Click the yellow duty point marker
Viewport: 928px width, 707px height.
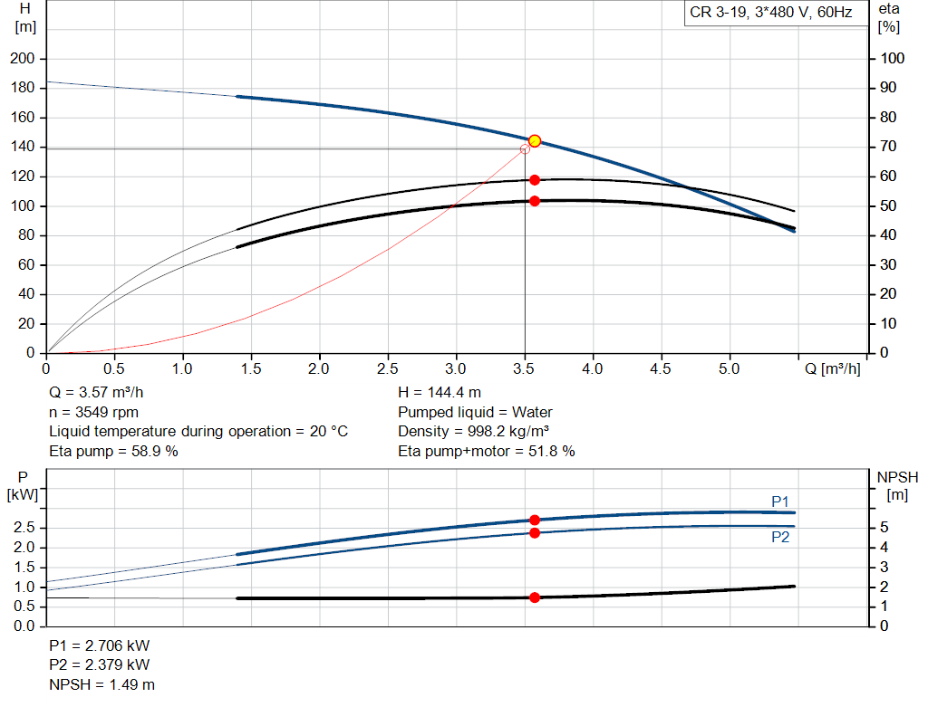point(535,140)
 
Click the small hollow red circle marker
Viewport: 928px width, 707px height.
point(525,148)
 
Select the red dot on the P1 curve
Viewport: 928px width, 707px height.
point(535,520)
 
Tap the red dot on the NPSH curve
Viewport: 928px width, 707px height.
point(535,597)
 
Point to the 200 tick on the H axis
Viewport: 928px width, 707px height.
point(23,59)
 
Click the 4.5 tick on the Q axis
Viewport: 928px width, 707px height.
point(661,369)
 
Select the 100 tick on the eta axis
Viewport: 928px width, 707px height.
point(893,59)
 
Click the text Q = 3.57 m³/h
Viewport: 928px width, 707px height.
point(96,393)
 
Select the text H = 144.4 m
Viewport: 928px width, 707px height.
point(440,393)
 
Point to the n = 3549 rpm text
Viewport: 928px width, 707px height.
point(93,412)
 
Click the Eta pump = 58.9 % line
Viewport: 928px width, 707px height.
point(113,451)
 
